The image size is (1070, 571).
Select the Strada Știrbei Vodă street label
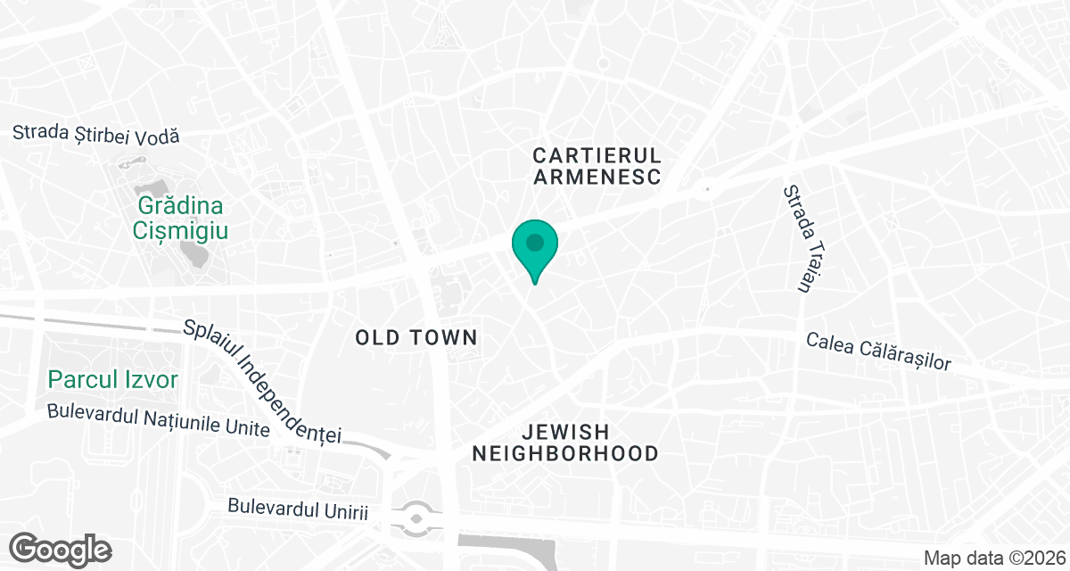click(96, 135)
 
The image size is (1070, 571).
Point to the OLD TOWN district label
click(416, 338)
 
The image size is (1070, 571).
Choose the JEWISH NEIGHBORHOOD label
click(565, 443)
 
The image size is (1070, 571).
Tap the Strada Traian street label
click(800, 238)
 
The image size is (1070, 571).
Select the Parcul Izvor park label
click(113, 380)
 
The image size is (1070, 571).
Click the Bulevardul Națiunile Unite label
click(158, 421)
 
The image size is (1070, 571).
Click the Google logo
click(61, 549)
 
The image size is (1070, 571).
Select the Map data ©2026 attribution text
click(992, 559)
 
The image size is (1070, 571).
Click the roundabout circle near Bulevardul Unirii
click(416, 517)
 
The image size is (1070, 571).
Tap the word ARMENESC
click(597, 178)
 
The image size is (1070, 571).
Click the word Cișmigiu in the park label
click(181, 231)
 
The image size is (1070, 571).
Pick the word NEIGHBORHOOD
click(565, 454)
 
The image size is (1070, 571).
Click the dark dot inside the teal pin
click(534, 242)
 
